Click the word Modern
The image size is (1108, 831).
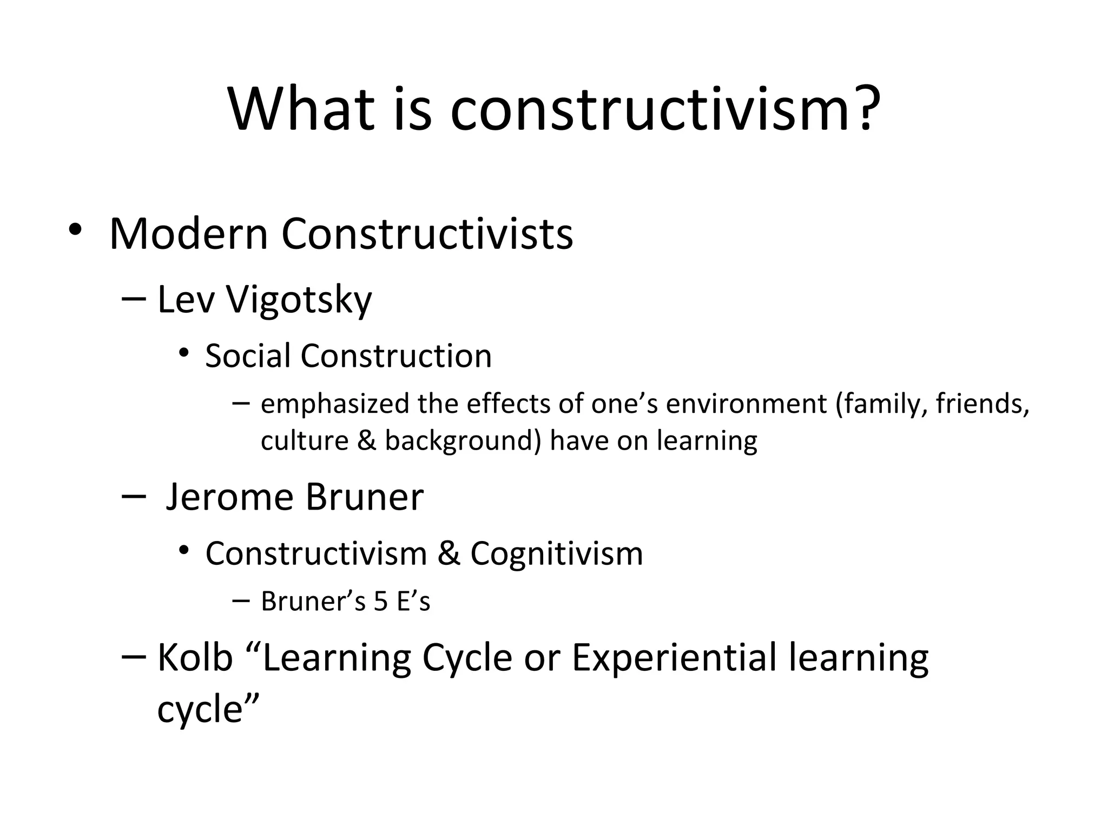189,234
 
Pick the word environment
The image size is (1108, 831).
746,404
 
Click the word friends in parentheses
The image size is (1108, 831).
982,404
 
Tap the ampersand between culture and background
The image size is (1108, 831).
366,440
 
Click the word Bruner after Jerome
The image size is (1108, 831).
364,497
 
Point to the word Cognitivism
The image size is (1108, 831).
556,554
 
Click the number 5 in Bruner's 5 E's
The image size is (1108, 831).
381,602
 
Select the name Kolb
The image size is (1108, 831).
195,658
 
